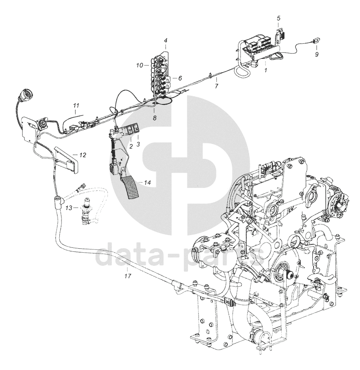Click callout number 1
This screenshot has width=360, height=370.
265,69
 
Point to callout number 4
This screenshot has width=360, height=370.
165,41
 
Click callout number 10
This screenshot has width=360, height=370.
139,65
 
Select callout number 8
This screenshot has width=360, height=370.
154,117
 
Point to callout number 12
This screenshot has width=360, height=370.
83,154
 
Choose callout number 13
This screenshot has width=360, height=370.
68,207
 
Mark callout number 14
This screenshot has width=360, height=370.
147,182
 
